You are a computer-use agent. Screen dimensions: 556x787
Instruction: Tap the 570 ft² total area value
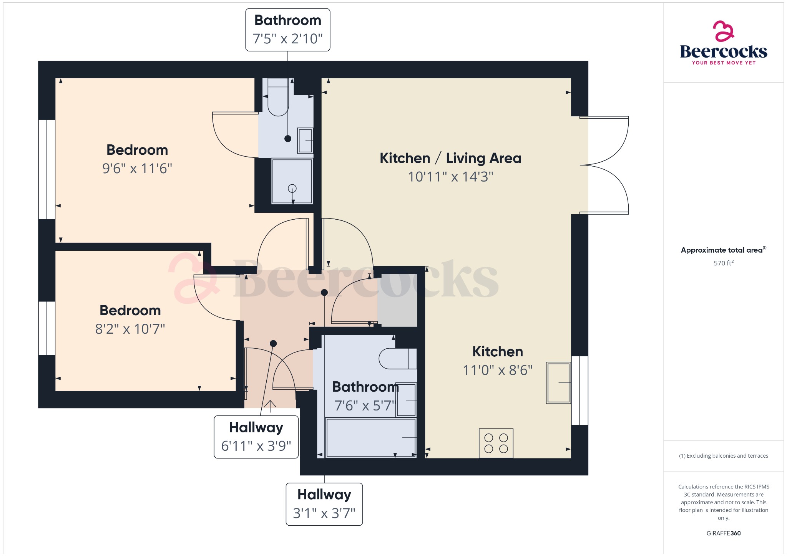coord(724,263)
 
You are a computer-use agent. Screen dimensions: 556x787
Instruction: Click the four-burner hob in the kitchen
coord(496,443)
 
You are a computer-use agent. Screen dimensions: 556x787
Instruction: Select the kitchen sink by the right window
coord(558,383)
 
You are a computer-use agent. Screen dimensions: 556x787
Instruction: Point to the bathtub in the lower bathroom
coord(371,438)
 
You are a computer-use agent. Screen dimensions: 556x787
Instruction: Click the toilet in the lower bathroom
coord(397,359)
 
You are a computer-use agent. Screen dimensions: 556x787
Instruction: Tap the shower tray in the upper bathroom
coord(292,181)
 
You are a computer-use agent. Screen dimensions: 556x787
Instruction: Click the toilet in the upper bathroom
coord(278,98)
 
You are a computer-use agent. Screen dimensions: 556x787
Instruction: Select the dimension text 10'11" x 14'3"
coord(450,177)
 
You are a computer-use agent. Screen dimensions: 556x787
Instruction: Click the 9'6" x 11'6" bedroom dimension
coord(137,169)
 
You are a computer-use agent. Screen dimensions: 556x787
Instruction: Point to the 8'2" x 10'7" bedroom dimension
coord(130,329)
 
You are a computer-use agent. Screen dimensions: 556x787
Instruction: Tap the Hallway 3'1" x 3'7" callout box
coord(324,504)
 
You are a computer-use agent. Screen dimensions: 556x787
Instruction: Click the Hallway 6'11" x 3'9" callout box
coord(256,437)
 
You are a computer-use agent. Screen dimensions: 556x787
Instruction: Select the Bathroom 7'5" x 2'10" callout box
coord(288,30)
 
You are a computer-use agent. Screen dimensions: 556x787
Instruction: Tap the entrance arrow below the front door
coord(270,406)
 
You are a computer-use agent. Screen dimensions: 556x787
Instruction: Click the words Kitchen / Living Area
coord(450,158)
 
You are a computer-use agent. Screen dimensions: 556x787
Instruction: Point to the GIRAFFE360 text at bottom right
coord(724,533)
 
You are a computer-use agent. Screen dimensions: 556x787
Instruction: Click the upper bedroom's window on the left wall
coord(46,169)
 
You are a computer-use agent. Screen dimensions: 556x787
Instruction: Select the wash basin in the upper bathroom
coord(306,141)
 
